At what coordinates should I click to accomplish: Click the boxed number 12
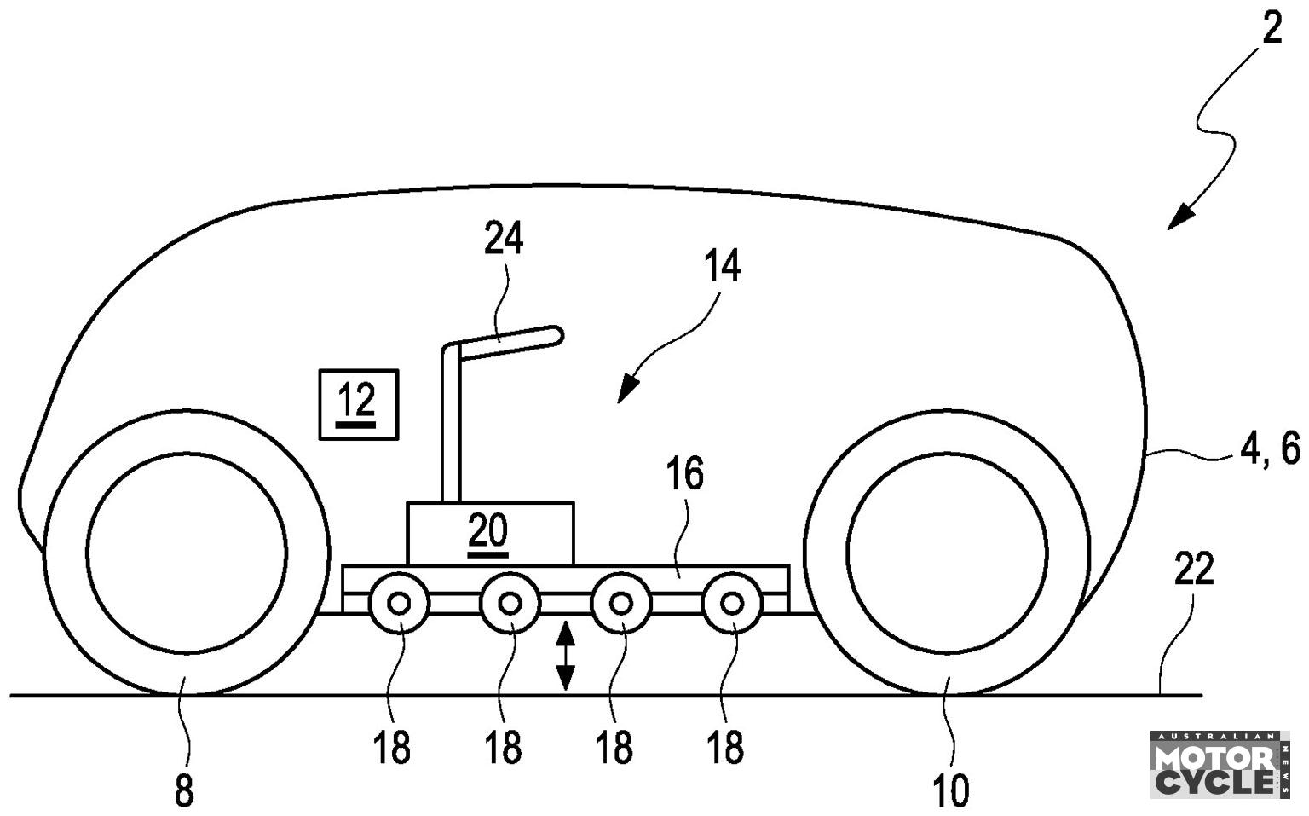[x=358, y=404]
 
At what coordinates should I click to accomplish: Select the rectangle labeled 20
[x=490, y=533]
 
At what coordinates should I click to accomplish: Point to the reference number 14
[x=723, y=266]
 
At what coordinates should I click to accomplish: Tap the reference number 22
[x=1195, y=568]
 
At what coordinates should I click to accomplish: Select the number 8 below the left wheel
[x=183, y=791]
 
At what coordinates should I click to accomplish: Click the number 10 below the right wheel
[x=951, y=791]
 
